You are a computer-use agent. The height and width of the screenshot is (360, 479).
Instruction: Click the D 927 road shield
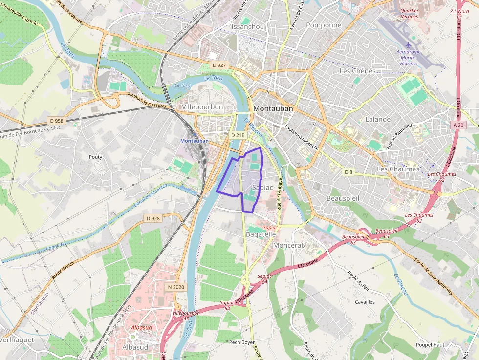[219, 65]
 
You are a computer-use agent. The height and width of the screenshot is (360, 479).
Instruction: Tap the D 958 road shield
[56, 121]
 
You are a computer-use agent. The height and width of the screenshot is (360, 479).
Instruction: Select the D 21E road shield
[237, 135]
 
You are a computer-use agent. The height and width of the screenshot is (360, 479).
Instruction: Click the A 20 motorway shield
[457, 125]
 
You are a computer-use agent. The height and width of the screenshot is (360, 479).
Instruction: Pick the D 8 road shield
[348, 172]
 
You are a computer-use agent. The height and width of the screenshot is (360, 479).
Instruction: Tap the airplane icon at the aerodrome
[409, 45]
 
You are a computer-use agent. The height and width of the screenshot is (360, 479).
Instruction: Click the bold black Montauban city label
[273, 109]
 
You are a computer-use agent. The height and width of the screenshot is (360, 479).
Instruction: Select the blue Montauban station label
[195, 141]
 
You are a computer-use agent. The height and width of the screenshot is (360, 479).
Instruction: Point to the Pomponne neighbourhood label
[323, 25]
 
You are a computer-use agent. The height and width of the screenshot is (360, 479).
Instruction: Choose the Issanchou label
[248, 26]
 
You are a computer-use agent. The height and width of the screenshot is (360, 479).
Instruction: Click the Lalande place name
[378, 119]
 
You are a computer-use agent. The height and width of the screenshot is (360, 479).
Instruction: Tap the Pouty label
[95, 157]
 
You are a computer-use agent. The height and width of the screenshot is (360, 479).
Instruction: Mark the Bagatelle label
[261, 234]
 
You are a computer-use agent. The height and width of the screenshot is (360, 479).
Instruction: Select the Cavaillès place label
[365, 302]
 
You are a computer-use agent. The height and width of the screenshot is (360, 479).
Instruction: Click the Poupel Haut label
[430, 344]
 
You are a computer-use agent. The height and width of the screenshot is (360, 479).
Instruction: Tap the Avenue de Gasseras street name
[146, 100]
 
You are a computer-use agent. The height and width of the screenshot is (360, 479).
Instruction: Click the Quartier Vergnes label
[409, 13]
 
